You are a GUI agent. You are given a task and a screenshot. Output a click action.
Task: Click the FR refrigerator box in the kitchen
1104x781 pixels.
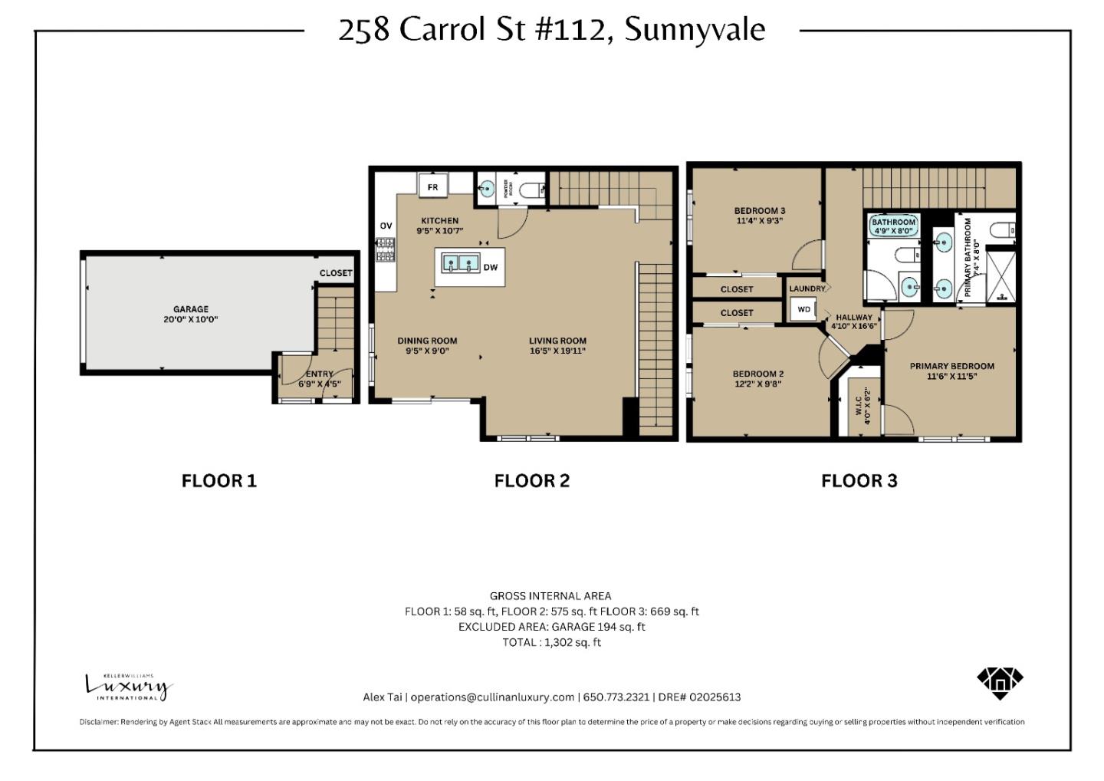pos(432,187)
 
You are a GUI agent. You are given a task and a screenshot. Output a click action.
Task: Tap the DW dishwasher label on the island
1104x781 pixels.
pos(491,268)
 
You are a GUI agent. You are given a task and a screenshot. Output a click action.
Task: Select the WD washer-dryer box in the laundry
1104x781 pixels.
pos(803,310)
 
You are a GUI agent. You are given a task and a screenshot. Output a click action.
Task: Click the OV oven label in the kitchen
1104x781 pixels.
pos(386,226)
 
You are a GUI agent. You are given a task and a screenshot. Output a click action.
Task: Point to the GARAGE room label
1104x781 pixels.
pos(190,309)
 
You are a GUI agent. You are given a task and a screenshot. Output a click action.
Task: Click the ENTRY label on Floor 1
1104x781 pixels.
pos(320,374)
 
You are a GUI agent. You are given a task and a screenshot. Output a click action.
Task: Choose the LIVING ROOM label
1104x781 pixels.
pos(557,341)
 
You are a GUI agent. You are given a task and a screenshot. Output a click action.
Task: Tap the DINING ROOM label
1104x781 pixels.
pos(427,341)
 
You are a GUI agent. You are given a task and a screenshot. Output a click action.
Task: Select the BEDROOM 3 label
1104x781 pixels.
pos(759,211)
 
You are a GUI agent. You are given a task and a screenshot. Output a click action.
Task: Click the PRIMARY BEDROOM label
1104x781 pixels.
pos(951,367)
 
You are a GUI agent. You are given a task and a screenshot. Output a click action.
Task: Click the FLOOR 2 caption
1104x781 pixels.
pos(531,481)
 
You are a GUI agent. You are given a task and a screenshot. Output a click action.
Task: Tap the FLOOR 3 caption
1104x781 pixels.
pos(859,481)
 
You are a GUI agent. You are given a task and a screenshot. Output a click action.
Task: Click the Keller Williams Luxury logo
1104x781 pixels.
pos(128,686)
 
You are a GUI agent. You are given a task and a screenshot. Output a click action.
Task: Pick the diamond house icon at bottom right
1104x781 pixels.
pos(1000,681)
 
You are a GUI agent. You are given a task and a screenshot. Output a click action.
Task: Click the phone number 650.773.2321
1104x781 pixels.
pos(616,697)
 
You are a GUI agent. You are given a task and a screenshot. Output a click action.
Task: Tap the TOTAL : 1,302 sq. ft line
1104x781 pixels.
pos(551,643)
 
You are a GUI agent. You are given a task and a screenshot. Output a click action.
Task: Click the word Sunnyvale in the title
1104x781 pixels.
pos(695,30)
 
